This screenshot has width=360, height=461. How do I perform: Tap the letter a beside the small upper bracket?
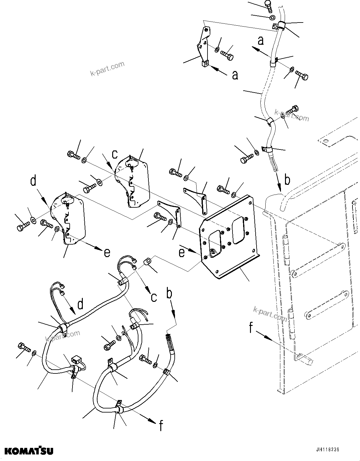point(235,75)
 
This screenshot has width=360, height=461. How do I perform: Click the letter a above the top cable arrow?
point(260,40)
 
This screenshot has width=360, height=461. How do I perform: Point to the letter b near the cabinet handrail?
point(287,180)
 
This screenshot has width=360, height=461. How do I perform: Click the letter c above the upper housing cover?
point(115,154)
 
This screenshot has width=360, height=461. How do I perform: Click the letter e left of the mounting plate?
point(182,252)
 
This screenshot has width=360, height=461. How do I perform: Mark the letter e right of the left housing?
point(107,252)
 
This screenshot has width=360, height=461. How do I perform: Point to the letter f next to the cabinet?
point(251,328)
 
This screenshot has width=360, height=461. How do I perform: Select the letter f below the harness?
point(161,426)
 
